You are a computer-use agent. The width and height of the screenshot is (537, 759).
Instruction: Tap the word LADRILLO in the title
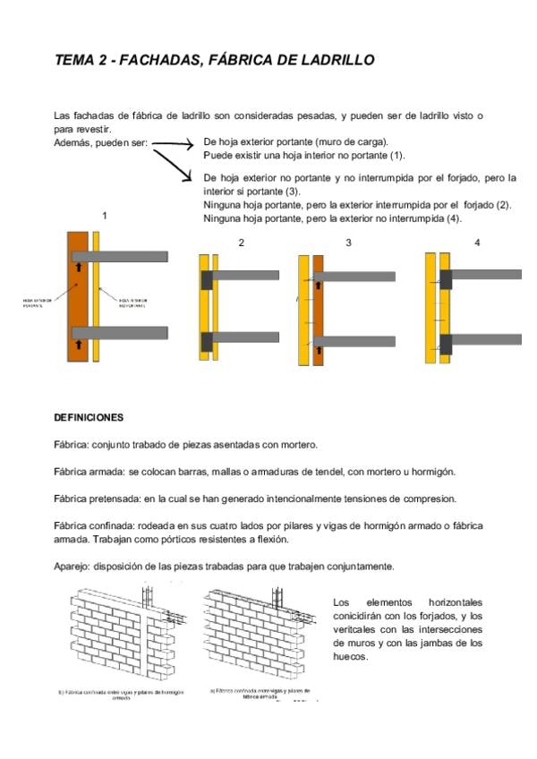click(329, 60)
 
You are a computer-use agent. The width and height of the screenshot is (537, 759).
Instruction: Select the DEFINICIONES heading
click(89, 417)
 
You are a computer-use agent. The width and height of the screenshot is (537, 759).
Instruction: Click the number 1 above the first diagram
click(105, 216)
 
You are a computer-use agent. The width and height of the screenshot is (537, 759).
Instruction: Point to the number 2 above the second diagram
click(241, 243)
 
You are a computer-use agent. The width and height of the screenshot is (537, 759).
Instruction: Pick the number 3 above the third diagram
click(348, 243)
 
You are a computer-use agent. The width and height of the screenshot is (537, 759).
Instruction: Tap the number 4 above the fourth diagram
click(477, 243)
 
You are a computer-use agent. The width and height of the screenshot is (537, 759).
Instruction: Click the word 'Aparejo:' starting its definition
click(72, 567)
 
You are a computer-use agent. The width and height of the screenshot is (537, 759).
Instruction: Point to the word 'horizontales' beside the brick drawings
click(456, 602)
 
